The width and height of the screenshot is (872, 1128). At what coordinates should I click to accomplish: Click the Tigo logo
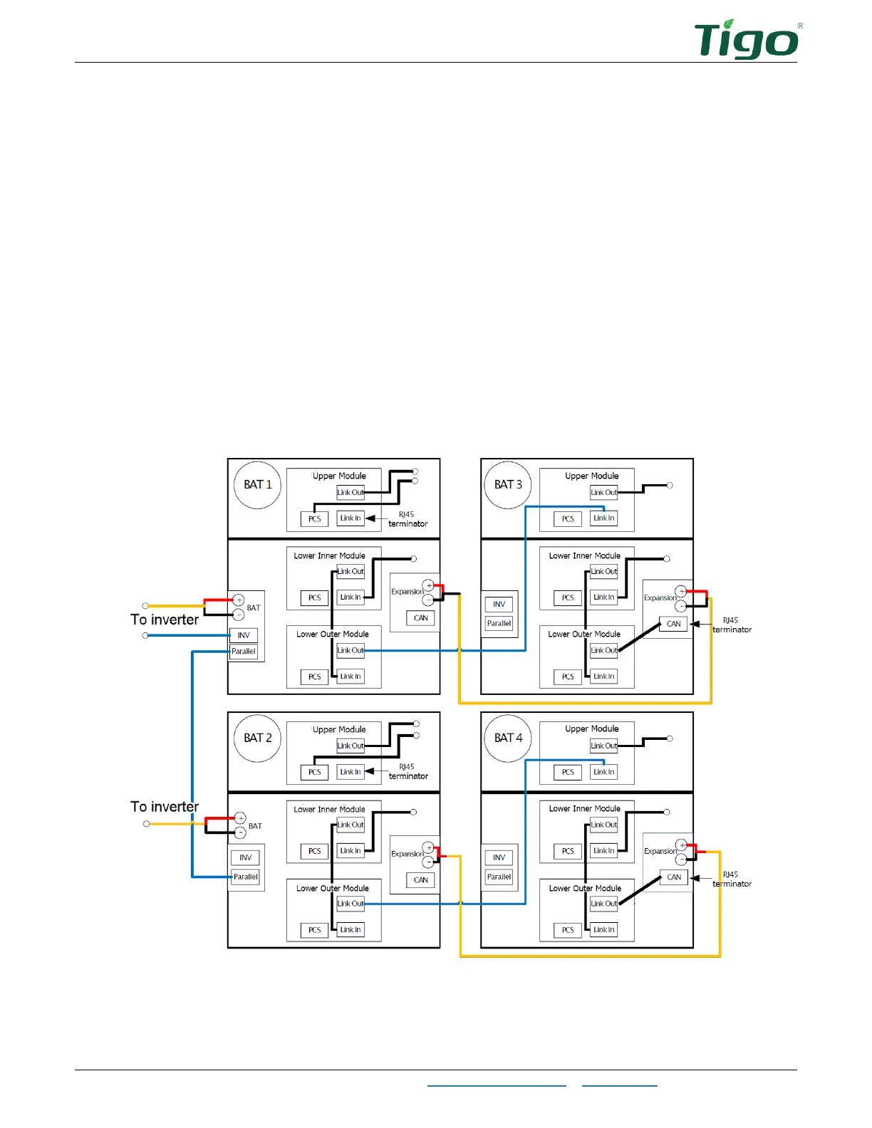[x=747, y=41]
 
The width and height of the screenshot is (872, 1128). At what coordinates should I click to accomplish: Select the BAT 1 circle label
[x=258, y=485]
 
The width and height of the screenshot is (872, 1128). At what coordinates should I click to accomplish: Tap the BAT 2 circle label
[x=258, y=738]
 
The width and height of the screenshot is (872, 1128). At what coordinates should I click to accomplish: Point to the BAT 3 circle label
[x=508, y=485]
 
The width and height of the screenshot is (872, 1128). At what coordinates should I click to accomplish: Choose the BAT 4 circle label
[x=508, y=738]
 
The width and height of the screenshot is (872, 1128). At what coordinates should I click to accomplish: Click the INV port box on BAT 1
[x=244, y=635]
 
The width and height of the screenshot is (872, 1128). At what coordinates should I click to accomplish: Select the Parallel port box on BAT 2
[x=246, y=877]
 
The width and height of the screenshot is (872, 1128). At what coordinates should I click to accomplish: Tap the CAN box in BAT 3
[x=674, y=624]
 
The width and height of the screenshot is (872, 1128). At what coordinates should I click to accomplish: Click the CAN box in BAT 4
[x=674, y=877]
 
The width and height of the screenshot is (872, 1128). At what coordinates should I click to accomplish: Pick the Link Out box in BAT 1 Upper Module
[x=351, y=493]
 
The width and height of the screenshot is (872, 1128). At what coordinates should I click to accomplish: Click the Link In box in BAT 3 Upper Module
[x=603, y=518]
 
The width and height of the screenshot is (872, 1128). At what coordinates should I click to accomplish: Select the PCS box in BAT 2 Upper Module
[x=314, y=772]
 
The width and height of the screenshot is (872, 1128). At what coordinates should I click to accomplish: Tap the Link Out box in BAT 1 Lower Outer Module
[x=351, y=650]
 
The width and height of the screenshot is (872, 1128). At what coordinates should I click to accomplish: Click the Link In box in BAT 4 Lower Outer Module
[x=603, y=930]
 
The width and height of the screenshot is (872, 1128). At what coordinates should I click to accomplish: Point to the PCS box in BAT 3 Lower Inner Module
[x=568, y=598]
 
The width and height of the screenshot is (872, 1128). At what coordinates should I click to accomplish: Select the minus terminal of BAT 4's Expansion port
[x=681, y=860]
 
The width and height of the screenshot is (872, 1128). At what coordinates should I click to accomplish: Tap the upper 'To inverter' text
[x=165, y=620]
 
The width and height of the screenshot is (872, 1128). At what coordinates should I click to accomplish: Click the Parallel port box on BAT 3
[x=499, y=624]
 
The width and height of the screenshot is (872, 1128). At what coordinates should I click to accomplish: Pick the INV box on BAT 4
[x=499, y=858]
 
